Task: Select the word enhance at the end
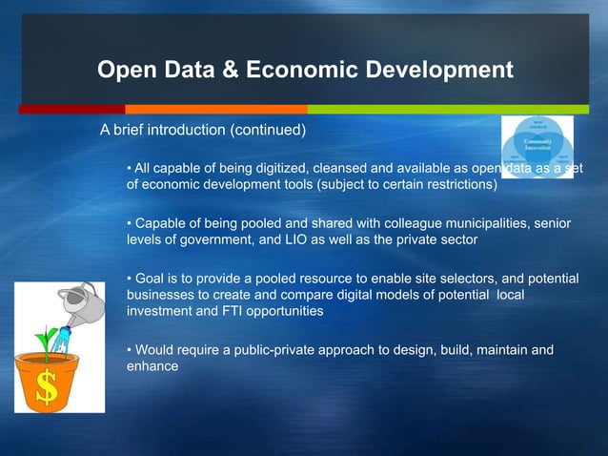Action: point(152,365)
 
